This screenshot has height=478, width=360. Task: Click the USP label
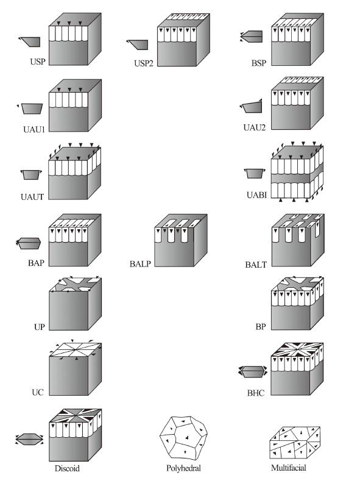coord(38,62)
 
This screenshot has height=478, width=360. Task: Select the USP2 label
coord(144,63)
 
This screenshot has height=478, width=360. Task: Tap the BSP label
coord(259,63)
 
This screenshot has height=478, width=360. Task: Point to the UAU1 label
coord(34,129)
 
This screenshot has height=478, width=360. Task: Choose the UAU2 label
coord(255,127)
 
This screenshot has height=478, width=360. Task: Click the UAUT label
coord(32,197)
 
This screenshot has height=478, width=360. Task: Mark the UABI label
coord(257,195)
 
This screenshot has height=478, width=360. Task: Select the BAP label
coord(37,263)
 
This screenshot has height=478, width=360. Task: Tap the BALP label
coord(140,263)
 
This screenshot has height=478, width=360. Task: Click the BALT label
coord(256,265)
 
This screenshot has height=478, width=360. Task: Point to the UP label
coord(40,327)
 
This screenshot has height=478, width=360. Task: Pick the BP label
coord(261,327)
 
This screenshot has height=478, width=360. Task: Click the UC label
coord(38,392)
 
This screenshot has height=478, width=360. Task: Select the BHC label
coord(256,393)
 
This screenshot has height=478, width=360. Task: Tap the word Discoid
coord(67,468)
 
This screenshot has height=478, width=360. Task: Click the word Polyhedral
coord(184,468)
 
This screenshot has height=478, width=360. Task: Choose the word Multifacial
coord(289,468)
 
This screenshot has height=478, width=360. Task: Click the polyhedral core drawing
coord(183,438)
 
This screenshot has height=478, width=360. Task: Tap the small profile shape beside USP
coord(29,41)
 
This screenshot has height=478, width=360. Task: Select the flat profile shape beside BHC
coord(252,372)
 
